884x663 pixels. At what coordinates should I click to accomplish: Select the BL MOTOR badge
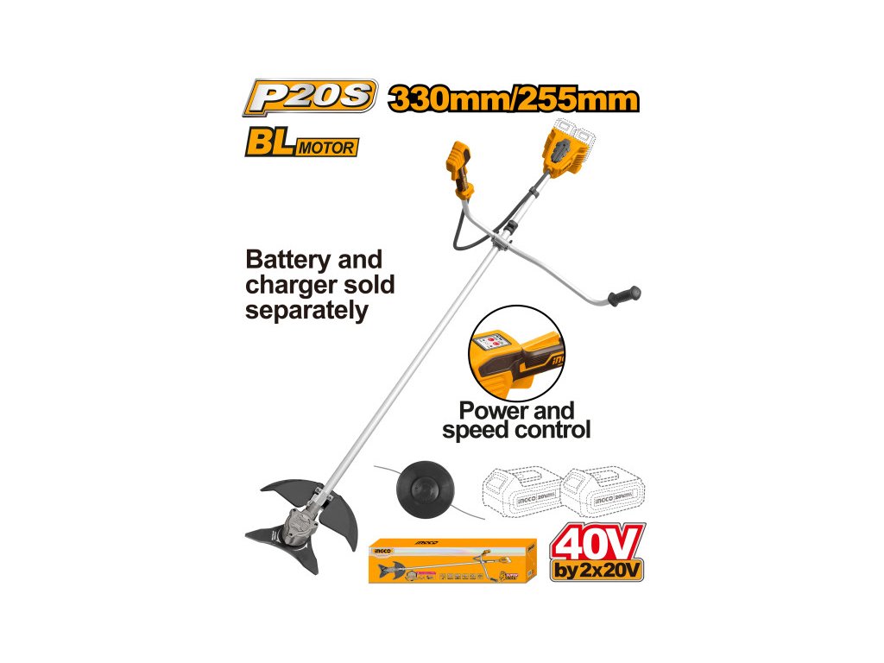click(x=300, y=143)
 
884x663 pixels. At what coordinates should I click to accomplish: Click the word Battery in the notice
click(x=289, y=260)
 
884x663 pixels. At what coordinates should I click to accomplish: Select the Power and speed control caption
click(x=516, y=420)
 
